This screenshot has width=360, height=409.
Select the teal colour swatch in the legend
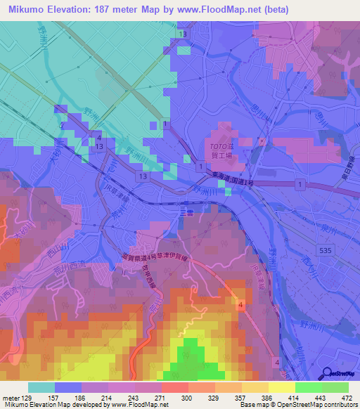[x=41, y=387]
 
